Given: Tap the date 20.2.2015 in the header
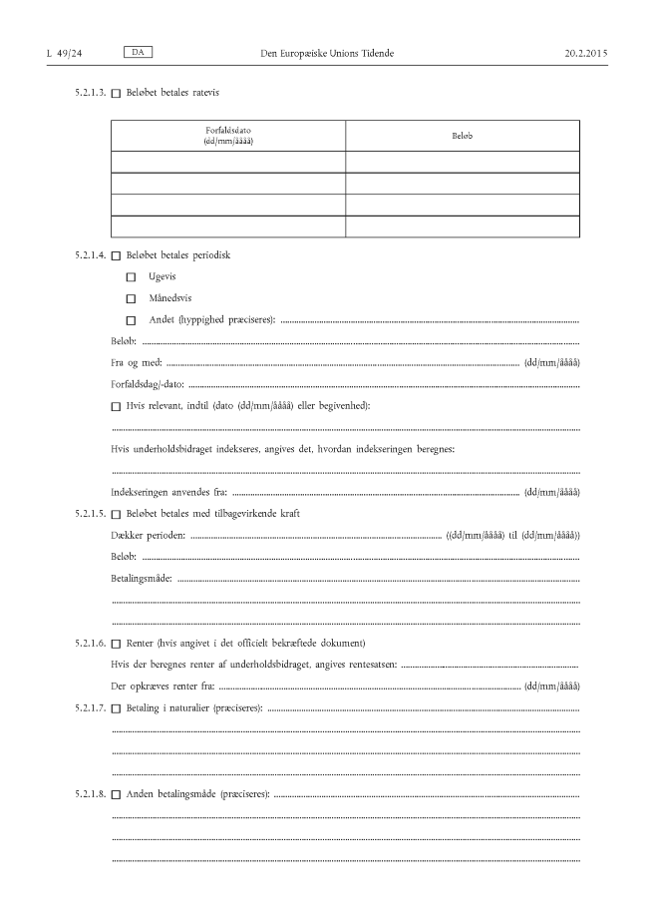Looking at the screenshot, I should [585, 51].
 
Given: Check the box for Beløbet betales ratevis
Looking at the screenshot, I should [116, 93].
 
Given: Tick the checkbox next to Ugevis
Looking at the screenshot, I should [131, 276].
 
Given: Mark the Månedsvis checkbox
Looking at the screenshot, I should [131, 298].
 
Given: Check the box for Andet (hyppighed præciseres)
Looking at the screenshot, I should [131, 320].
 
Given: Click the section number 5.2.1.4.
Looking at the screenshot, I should [90, 255].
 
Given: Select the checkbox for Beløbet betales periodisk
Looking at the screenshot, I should [116, 255].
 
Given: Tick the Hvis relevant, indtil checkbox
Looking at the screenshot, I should [116, 406].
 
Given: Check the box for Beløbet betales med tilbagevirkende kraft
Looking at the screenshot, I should [116, 514].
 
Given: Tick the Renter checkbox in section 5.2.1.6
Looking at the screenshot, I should [116, 643].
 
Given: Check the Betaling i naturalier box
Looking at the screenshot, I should [116, 707].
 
